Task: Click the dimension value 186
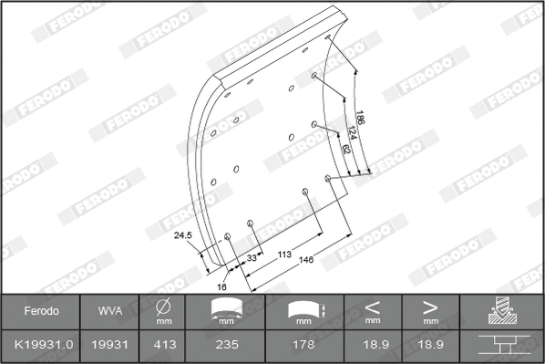click(362, 120)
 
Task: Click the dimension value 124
click(353, 135)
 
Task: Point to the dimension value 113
click(283, 255)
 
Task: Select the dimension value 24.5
click(183, 235)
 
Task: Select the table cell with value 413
click(165, 345)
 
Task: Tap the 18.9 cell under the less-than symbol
click(372, 345)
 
